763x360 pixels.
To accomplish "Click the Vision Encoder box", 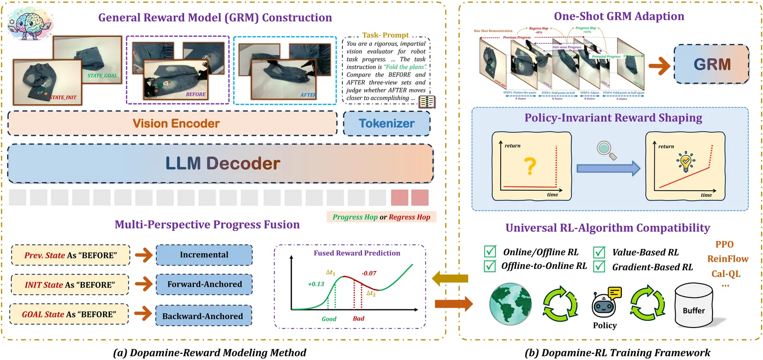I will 173,123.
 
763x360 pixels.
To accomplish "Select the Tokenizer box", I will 386,123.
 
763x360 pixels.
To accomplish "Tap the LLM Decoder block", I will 220,164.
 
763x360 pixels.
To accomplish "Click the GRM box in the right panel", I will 711,64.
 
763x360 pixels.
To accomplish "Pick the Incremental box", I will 204,255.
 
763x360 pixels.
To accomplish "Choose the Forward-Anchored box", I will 204,285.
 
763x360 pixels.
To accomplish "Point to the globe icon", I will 510,304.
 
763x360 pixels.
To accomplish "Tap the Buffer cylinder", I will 693,308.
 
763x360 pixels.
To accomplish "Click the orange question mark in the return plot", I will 530,166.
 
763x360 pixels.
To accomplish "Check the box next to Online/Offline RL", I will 490,251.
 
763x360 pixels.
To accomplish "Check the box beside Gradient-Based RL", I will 599,266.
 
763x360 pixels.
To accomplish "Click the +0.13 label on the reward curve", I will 316,284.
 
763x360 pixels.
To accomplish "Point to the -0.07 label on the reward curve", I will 369,273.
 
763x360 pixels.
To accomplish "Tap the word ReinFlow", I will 728,259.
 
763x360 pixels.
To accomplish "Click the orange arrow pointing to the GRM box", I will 660,66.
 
